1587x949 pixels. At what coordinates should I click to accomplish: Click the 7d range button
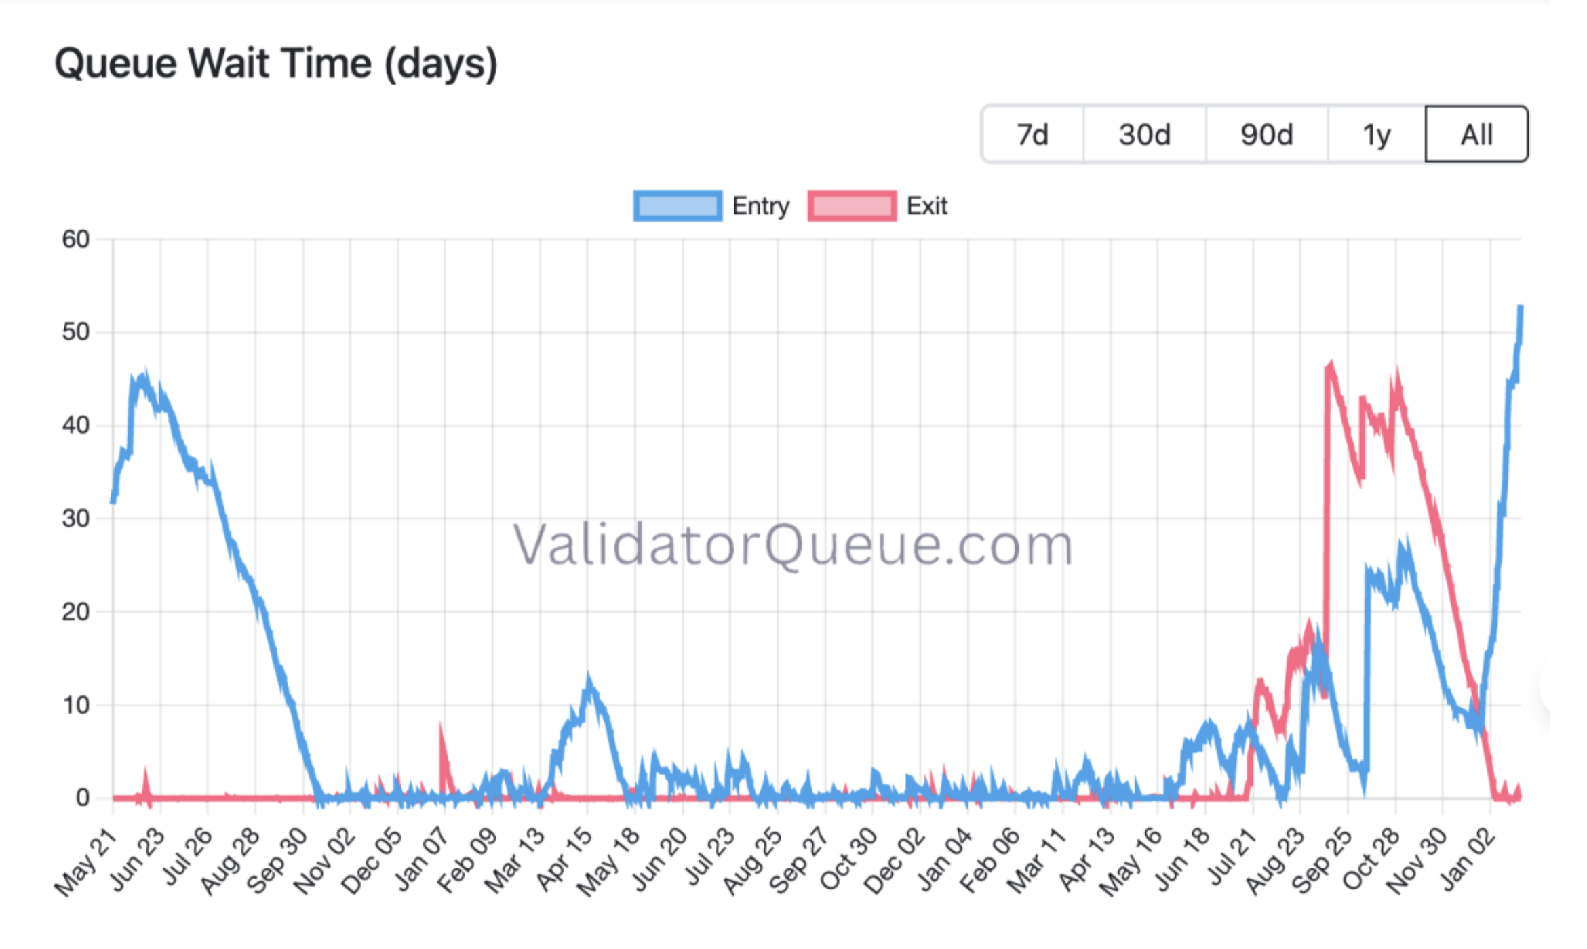point(1032,134)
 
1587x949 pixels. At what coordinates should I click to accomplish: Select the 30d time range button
point(1144,134)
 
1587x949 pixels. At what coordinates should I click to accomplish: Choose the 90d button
point(1266,134)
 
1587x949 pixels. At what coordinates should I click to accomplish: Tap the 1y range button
point(1376,134)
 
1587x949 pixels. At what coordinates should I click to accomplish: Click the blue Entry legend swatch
point(678,206)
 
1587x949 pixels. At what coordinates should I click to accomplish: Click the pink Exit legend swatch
point(852,206)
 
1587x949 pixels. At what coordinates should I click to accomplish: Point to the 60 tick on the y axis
point(76,239)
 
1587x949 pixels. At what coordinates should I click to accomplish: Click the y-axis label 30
point(76,519)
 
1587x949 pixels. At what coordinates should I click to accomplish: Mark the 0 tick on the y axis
point(83,798)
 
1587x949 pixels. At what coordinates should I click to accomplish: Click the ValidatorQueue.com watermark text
point(792,544)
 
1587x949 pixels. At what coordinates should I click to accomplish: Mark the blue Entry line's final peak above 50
point(1520,308)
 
